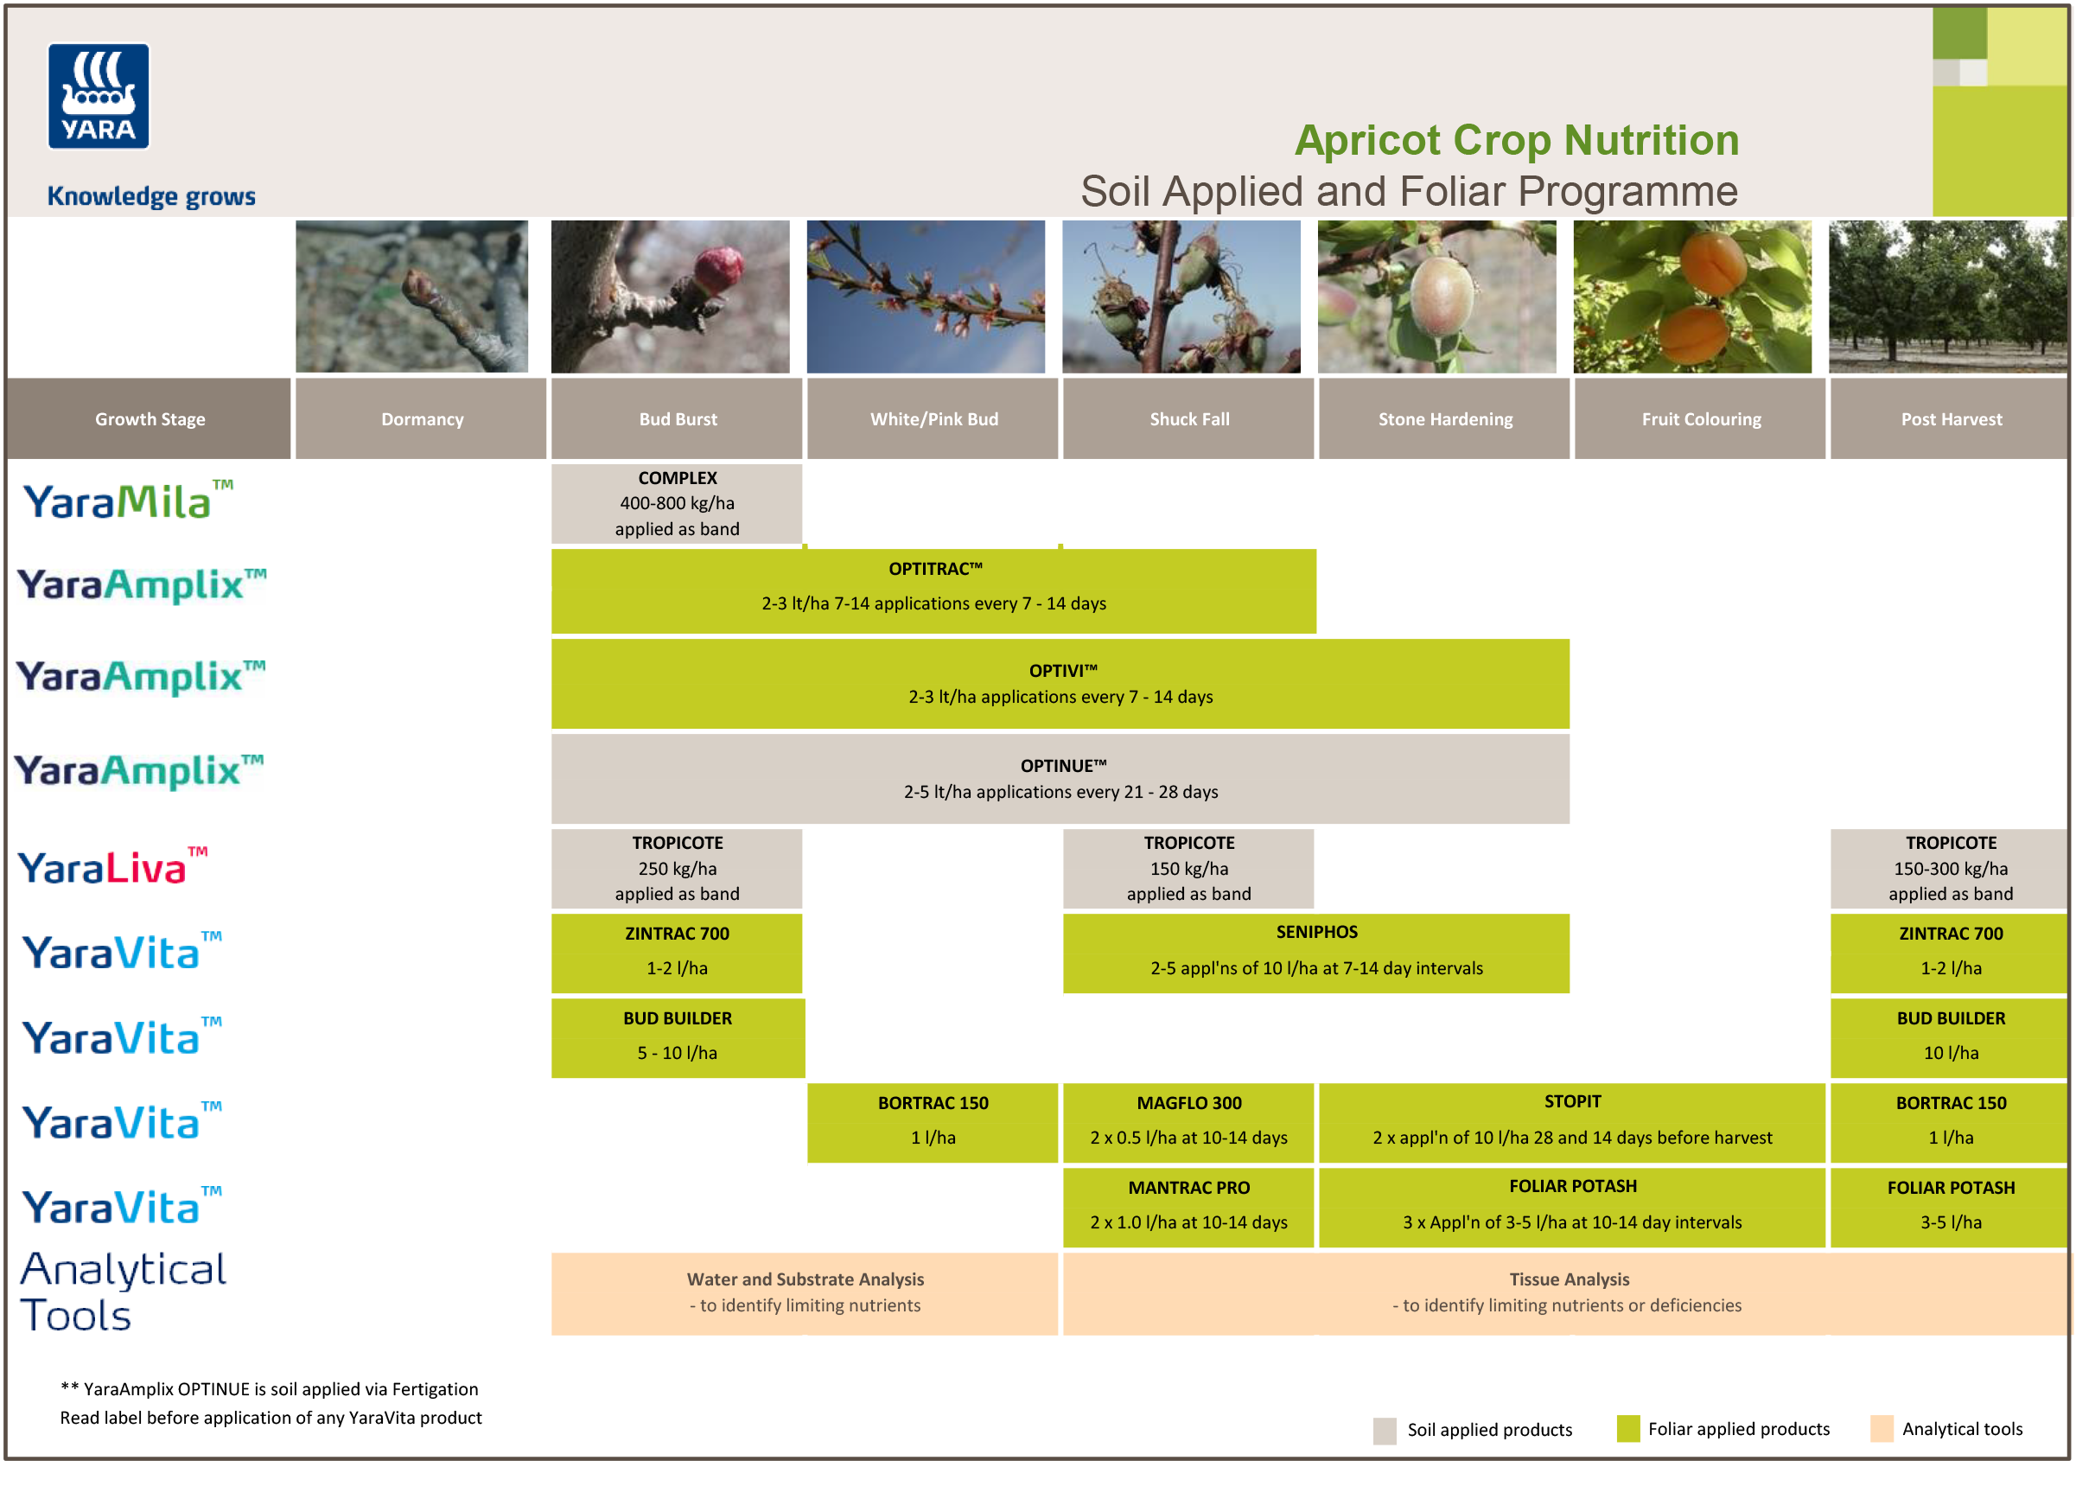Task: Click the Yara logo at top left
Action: (98, 96)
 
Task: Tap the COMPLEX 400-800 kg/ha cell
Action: (676, 503)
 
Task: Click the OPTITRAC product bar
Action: (933, 590)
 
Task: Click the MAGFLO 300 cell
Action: (1188, 1122)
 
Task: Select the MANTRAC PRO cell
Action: (1188, 1206)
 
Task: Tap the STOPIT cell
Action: (1571, 1122)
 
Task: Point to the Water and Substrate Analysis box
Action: (805, 1292)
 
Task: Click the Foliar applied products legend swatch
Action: (1627, 1427)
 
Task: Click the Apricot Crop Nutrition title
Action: (1515, 140)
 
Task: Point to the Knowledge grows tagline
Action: (151, 196)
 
